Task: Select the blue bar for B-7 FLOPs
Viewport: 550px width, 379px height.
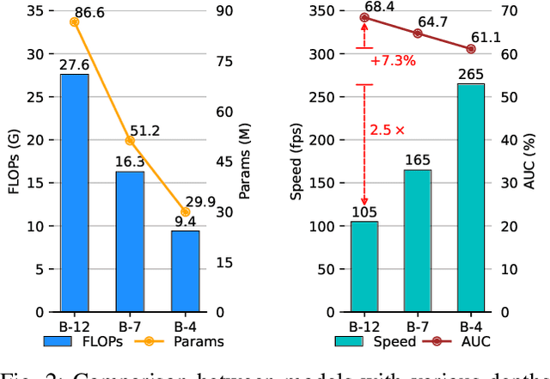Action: (x=130, y=241)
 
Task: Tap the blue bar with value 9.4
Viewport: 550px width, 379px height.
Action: (x=186, y=272)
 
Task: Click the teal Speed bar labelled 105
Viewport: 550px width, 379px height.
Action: (x=364, y=266)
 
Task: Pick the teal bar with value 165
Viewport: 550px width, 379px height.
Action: (x=418, y=241)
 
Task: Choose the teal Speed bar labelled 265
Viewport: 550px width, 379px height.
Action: (x=471, y=198)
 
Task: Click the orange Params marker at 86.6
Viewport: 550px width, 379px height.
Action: (x=74, y=21)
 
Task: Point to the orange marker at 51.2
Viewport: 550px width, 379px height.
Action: (x=130, y=140)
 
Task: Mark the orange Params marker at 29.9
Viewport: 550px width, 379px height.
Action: (x=186, y=211)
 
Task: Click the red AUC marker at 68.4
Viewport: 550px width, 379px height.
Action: (x=364, y=17)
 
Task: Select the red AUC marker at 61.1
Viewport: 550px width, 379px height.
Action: (x=471, y=49)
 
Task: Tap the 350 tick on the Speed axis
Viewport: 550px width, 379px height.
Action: (x=321, y=11)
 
